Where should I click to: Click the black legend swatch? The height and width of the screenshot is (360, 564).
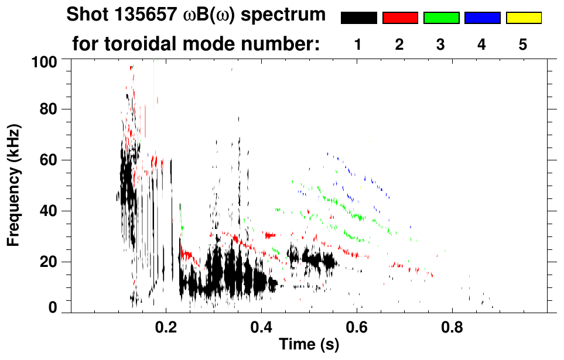point(358,18)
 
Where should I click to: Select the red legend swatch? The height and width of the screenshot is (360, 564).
point(400,18)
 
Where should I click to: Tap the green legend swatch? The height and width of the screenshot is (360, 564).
point(441,18)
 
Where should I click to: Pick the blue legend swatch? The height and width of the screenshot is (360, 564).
point(482,18)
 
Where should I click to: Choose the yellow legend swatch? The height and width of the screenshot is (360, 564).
point(523,18)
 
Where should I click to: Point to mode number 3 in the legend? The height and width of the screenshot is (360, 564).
point(441,44)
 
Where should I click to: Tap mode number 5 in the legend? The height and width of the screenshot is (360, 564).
point(523,44)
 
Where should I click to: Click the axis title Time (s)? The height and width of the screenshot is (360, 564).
point(309,345)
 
